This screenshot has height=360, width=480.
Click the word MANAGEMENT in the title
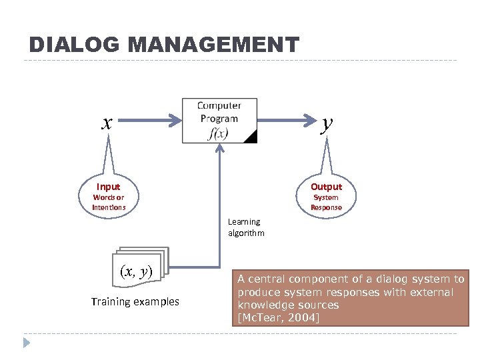click(x=213, y=45)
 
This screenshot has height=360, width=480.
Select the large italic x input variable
click(x=107, y=122)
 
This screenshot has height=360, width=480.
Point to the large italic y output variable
click(x=326, y=122)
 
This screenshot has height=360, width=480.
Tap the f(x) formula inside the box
click(x=219, y=133)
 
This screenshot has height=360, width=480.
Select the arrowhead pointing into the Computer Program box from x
click(x=176, y=121)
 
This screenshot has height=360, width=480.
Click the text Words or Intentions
click(x=109, y=202)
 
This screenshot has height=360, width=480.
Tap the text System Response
click(x=326, y=202)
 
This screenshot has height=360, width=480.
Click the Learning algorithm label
click(x=246, y=227)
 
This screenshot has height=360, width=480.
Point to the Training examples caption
click(x=135, y=302)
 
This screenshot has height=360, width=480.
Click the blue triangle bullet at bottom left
click(x=27, y=343)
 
